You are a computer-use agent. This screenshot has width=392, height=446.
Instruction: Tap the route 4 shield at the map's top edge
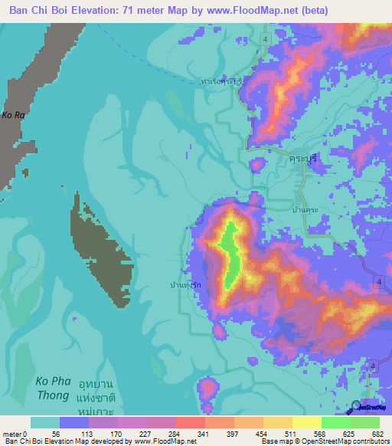coord(264,38)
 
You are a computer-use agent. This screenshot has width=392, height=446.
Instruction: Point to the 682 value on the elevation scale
coord(380,434)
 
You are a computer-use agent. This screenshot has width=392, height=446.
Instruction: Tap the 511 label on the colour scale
coord(292,434)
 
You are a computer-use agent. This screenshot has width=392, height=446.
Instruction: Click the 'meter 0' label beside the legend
coord(16,434)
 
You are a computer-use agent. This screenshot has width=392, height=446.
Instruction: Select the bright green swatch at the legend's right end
coord(365,422)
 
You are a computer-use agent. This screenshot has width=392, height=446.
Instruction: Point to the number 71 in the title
coord(144,10)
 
